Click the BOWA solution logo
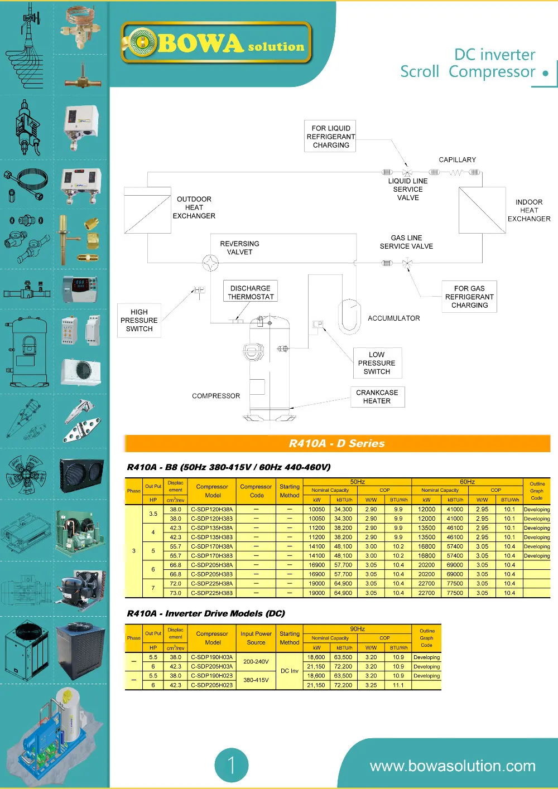[x=216, y=43]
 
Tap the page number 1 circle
[x=231, y=764]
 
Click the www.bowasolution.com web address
[x=453, y=766]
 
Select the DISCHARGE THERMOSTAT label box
[x=251, y=292]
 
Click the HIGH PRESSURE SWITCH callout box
[x=139, y=320]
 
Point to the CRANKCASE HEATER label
[x=377, y=396]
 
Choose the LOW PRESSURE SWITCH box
[x=377, y=363]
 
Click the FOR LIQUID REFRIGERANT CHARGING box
[x=331, y=136]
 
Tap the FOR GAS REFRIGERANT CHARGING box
[x=469, y=297]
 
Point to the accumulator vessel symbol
[x=350, y=317]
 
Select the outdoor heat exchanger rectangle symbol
[x=147, y=210]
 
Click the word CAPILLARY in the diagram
[x=457, y=160]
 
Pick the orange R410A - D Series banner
[x=337, y=443]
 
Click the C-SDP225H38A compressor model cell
[x=212, y=584]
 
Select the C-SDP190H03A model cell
[x=212, y=657]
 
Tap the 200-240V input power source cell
[x=256, y=661]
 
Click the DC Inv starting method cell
[x=289, y=671]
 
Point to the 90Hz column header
[x=357, y=628]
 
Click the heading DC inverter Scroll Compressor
[x=469, y=63]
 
